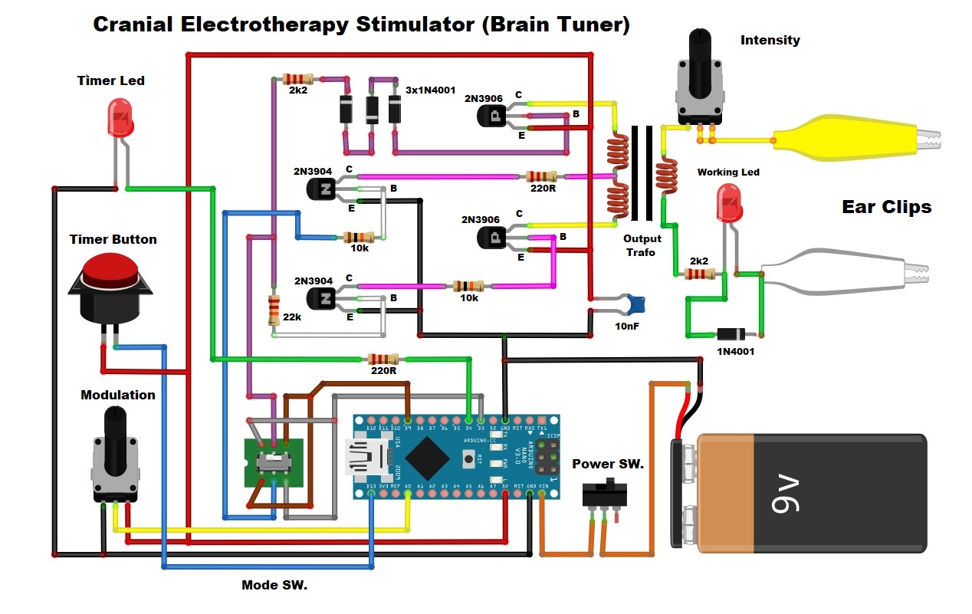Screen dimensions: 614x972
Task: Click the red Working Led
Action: tap(727, 202)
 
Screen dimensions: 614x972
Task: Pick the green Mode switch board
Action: tap(274, 462)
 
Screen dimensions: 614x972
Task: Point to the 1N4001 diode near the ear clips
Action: tap(731, 334)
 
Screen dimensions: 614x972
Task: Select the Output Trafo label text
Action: tap(642, 245)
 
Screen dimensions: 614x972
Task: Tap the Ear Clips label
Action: tap(886, 206)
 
